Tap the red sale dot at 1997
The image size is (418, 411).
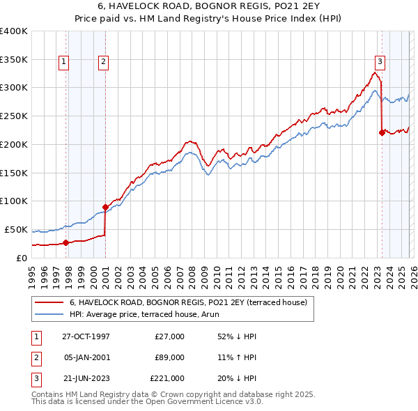click(x=66, y=242)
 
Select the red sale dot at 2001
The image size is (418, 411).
click(x=105, y=207)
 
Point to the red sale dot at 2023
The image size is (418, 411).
click(x=382, y=132)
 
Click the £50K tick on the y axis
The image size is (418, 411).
click(x=17, y=229)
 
